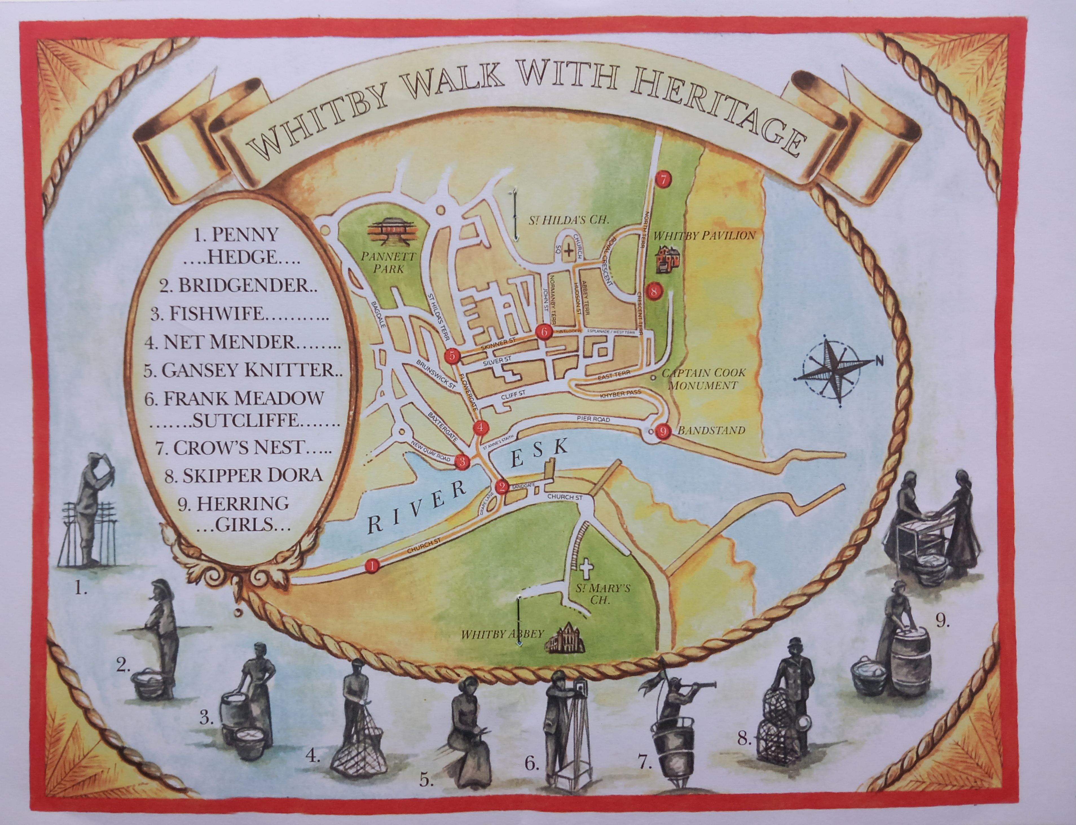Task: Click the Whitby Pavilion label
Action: (x=704, y=235)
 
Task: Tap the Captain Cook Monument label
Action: (x=703, y=379)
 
